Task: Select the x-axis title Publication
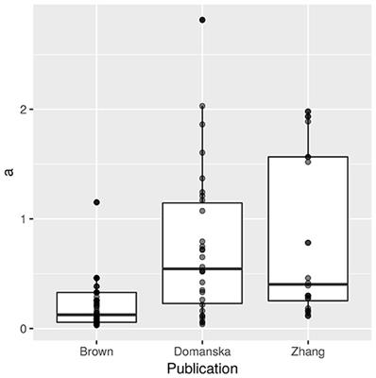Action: [202, 368]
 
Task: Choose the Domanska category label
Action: [202, 350]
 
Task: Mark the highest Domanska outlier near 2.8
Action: [202, 20]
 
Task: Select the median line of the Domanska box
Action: [202, 268]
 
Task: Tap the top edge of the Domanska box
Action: [202, 203]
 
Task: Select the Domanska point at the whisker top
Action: [202, 107]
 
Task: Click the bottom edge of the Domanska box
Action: [202, 303]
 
